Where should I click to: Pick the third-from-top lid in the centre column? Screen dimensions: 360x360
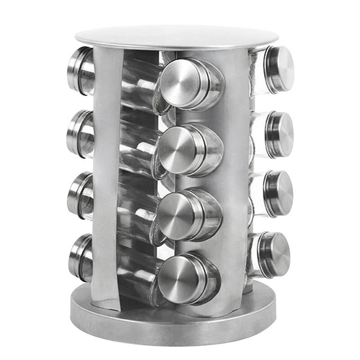point(179,215)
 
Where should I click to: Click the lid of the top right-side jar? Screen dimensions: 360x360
point(279,69)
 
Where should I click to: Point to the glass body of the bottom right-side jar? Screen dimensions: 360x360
point(254,255)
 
